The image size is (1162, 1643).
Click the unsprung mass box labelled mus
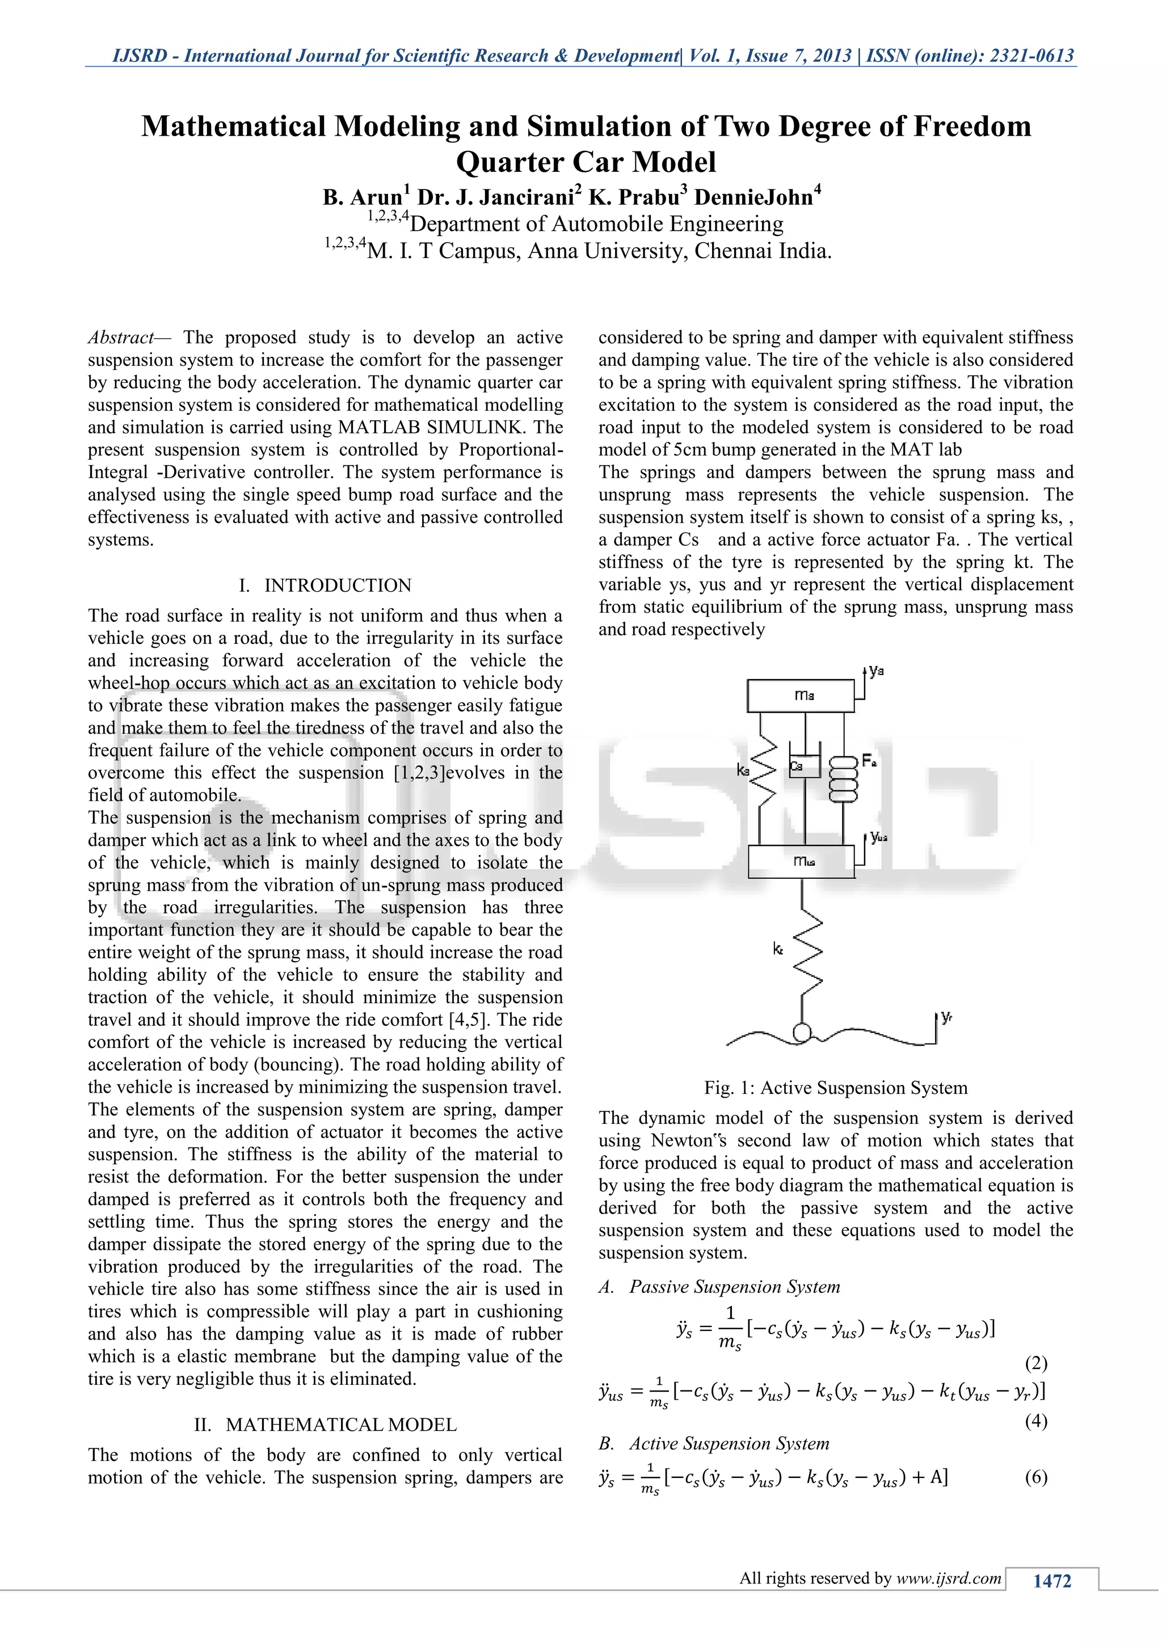(x=801, y=862)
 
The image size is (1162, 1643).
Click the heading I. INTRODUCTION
(x=325, y=585)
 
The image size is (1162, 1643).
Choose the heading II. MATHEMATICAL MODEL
(x=325, y=1425)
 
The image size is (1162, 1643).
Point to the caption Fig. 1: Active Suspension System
(x=836, y=1088)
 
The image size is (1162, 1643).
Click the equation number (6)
(x=1036, y=1476)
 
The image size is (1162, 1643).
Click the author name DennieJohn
(x=753, y=197)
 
